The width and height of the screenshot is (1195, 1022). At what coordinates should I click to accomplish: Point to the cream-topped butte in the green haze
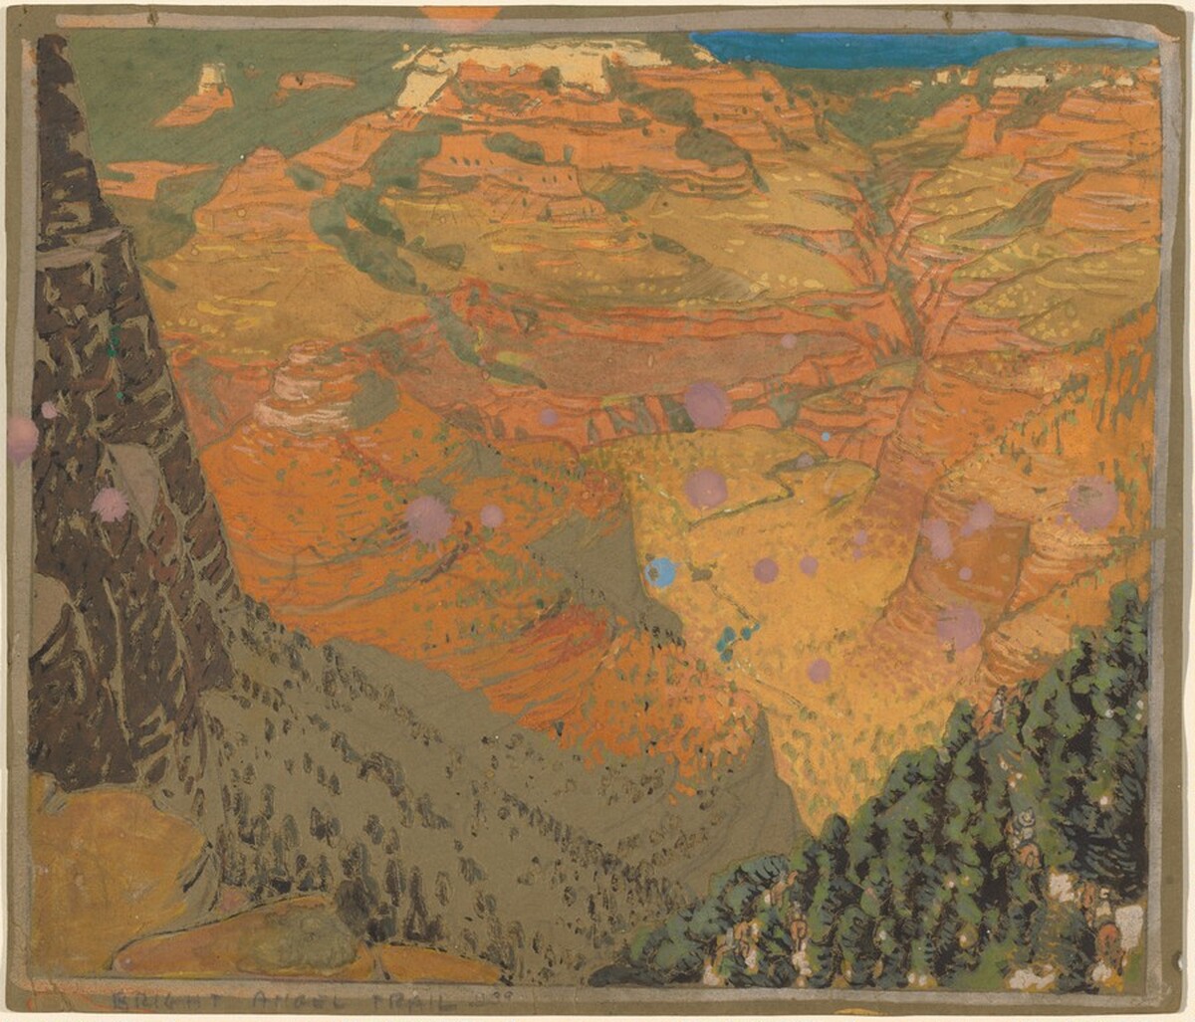click(x=212, y=80)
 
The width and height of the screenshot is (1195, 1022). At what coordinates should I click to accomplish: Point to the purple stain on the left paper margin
click(x=20, y=439)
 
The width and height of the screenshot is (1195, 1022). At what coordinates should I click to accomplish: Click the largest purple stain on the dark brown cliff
click(x=110, y=505)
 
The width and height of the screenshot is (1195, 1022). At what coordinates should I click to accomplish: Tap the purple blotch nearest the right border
click(x=1092, y=503)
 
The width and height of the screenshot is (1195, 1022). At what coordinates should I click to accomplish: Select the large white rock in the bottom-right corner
click(x=1128, y=920)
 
